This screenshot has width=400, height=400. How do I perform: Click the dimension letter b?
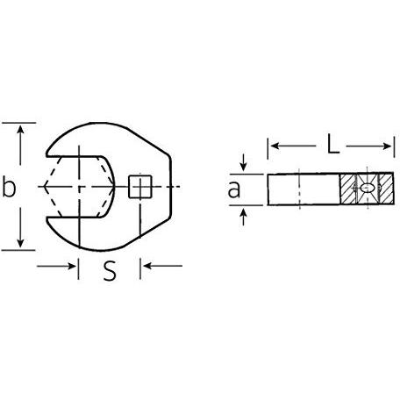(9, 186)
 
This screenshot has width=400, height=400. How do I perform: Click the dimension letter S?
(110, 270)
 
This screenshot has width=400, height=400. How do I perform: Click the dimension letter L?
(332, 144)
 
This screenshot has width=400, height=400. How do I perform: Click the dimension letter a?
(234, 189)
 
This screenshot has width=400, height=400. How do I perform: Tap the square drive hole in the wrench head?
(140, 187)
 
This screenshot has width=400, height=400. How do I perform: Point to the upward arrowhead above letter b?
(20, 129)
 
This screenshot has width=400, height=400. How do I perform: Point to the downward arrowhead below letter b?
(20, 243)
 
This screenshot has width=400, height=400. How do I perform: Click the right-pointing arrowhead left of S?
(71, 266)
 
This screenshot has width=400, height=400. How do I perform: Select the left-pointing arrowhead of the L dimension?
(275, 146)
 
